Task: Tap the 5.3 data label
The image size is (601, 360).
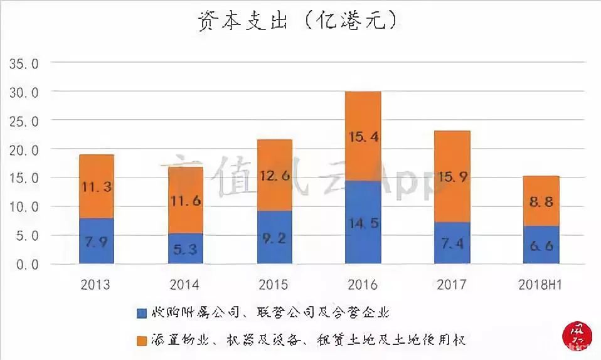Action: tap(185, 249)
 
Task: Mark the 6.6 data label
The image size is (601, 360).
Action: tap(541, 246)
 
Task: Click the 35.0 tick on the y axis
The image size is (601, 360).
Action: tap(23, 63)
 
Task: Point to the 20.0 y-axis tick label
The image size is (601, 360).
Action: tap(23, 150)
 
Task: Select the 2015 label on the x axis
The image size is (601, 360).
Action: tap(274, 285)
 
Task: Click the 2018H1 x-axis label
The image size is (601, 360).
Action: tap(541, 285)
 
